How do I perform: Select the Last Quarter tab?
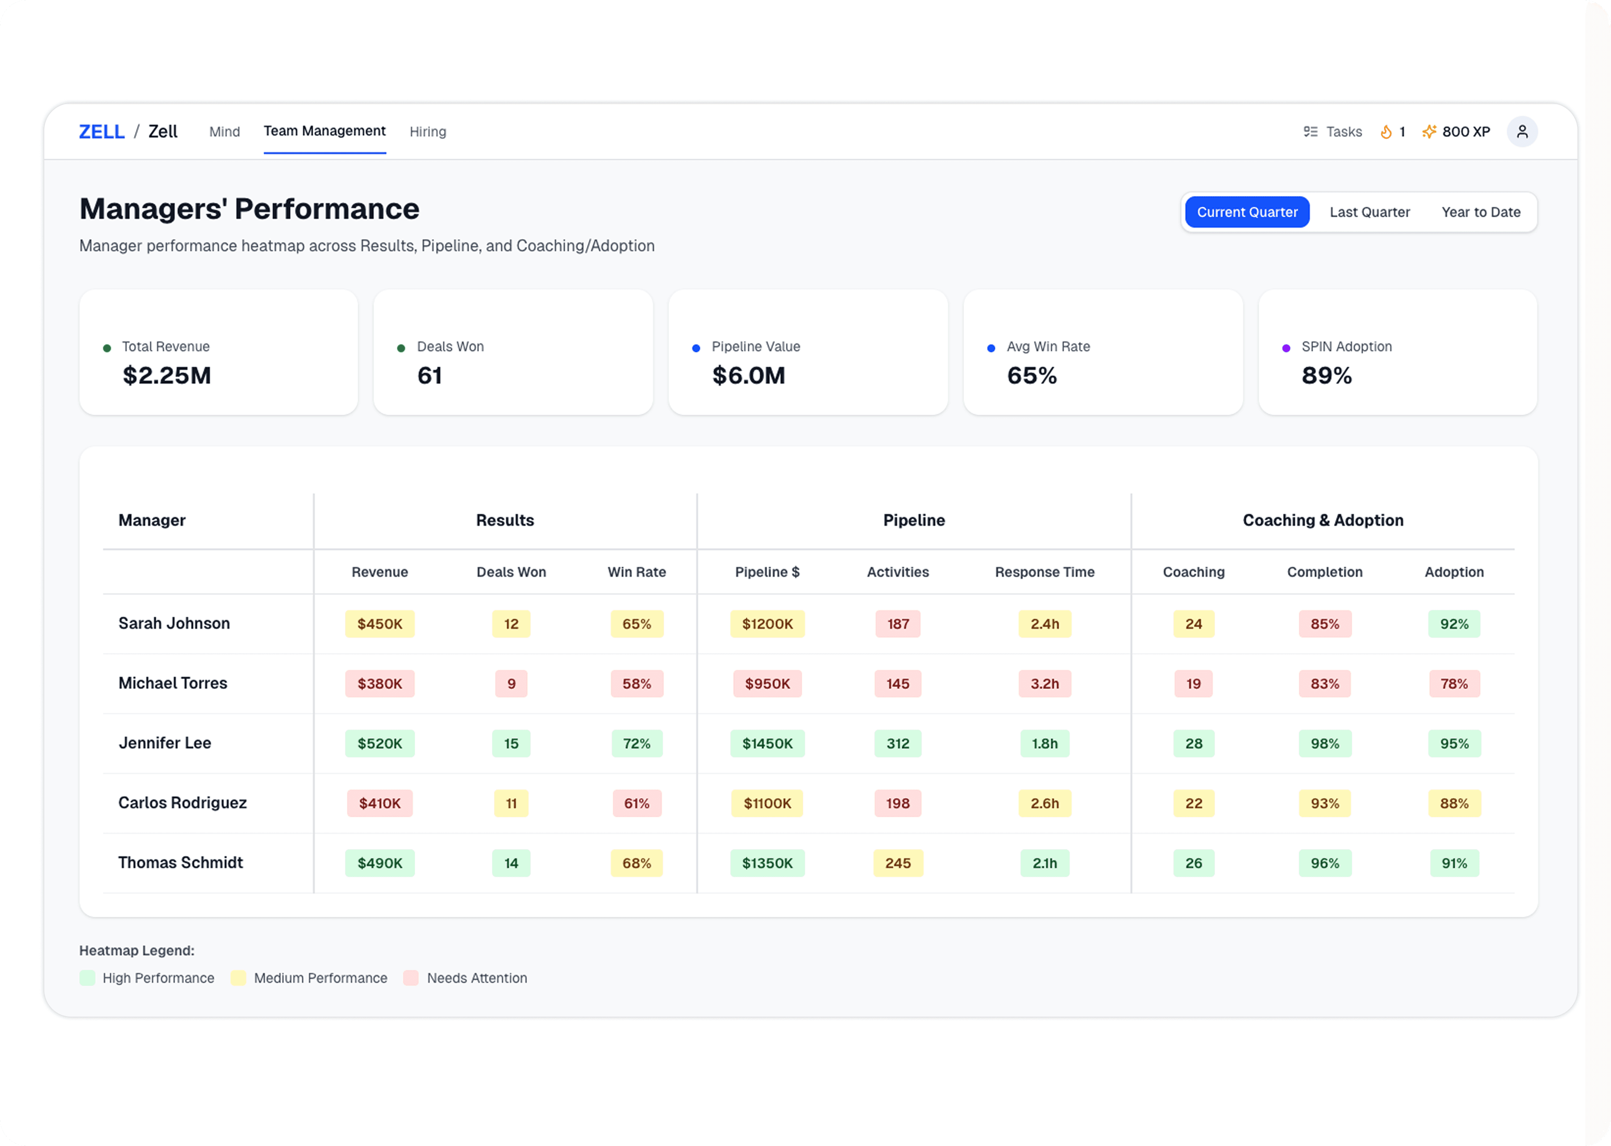(1369, 212)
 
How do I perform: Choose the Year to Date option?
(1480, 212)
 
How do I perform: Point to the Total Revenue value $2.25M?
(166, 376)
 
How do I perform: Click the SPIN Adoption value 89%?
(1326, 376)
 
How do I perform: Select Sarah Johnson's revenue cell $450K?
(379, 624)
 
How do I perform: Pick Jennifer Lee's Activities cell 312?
(897, 743)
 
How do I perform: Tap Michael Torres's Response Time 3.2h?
(1044, 683)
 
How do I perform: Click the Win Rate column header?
(636, 572)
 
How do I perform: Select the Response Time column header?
(1044, 572)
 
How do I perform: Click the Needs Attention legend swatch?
(410, 977)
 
